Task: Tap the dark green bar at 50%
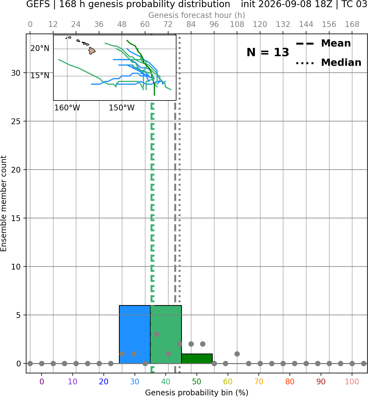197,358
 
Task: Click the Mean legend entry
323,43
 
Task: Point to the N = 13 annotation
268,52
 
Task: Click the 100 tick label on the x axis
352,382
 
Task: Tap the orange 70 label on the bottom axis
259,382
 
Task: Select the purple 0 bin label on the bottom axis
42,382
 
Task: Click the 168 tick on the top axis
352,25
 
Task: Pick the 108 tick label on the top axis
237,25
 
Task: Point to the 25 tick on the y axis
16,121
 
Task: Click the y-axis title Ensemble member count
4,203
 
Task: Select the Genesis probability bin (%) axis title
197,393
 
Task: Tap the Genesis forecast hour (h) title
197,15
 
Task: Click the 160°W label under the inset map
67,108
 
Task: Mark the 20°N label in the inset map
40,48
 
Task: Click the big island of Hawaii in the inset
92,51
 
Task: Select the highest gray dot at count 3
157,334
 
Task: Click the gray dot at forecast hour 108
237,354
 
